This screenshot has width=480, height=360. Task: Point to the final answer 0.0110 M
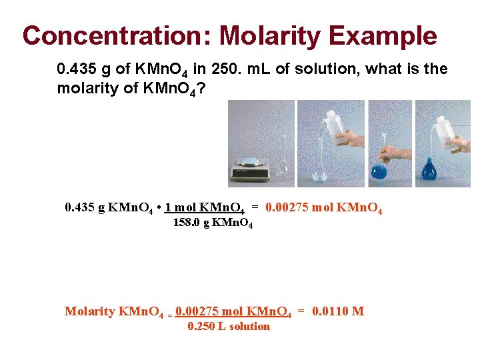338,311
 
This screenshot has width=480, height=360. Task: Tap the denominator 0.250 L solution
229,326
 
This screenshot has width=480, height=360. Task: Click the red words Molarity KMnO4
114,311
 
